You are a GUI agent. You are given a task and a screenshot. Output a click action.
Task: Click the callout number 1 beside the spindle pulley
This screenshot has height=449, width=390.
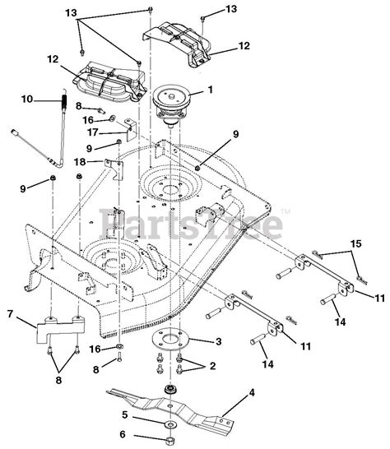(211, 90)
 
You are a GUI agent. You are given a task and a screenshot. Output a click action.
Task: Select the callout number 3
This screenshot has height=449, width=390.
(218, 341)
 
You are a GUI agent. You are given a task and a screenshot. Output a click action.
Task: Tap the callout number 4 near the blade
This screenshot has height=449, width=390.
(251, 392)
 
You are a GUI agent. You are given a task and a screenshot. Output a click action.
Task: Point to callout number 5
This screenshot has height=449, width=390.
(124, 414)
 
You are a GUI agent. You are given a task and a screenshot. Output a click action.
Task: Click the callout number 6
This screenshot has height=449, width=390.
(123, 434)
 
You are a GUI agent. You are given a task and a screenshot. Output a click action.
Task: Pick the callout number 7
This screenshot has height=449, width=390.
(10, 314)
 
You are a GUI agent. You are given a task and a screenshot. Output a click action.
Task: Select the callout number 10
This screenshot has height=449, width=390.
(27, 100)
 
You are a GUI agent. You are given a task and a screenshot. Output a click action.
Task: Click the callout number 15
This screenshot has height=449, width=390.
(356, 244)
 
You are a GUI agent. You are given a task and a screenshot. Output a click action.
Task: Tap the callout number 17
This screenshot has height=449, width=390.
(93, 132)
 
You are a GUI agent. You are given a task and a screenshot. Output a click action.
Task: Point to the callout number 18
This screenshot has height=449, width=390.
(80, 162)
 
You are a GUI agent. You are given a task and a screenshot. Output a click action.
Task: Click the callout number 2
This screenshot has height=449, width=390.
(212, 366)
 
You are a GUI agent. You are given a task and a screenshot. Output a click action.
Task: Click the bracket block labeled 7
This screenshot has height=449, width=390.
(60, 329)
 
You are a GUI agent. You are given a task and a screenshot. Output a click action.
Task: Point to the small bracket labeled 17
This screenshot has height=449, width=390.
(132, 129)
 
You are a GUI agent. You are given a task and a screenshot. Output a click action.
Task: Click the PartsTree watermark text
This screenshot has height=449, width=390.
(191, 224)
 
